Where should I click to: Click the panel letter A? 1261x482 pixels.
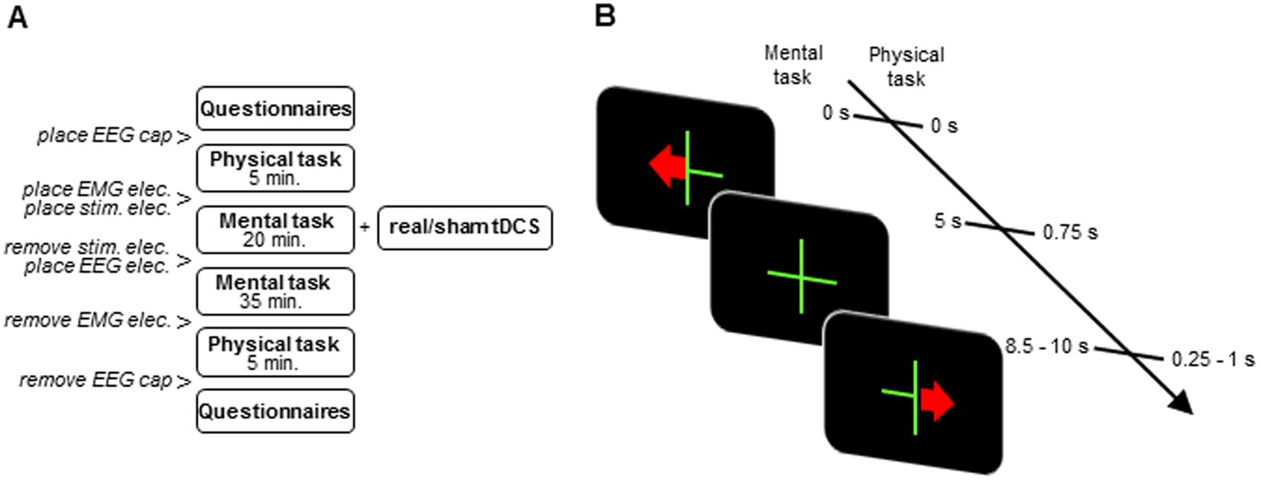(x=16, y=16)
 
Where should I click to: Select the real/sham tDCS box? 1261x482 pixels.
(x=464, y=228)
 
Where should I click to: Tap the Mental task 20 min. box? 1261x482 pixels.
(x=275, y=229)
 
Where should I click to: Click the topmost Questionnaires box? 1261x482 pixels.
(x=275, y=108)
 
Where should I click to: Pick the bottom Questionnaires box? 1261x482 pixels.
(x=275, y=411)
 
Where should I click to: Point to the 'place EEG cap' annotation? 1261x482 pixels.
(x=105, y=136)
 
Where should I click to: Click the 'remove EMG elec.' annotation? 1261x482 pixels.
(x=88, y=321)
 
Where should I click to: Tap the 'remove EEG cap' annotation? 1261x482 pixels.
(x=96, y=380)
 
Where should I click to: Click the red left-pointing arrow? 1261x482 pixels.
(x=666, y=167)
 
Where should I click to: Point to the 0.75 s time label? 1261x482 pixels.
(x=1070, y=233)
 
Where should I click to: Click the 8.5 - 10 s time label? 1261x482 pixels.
(x=1046, y=347)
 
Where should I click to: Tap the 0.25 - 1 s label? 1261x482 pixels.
(x=1213, y=359)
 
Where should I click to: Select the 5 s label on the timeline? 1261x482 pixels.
(x=948, y=222)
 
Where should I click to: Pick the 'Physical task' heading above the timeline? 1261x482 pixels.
(x=906, y=66)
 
